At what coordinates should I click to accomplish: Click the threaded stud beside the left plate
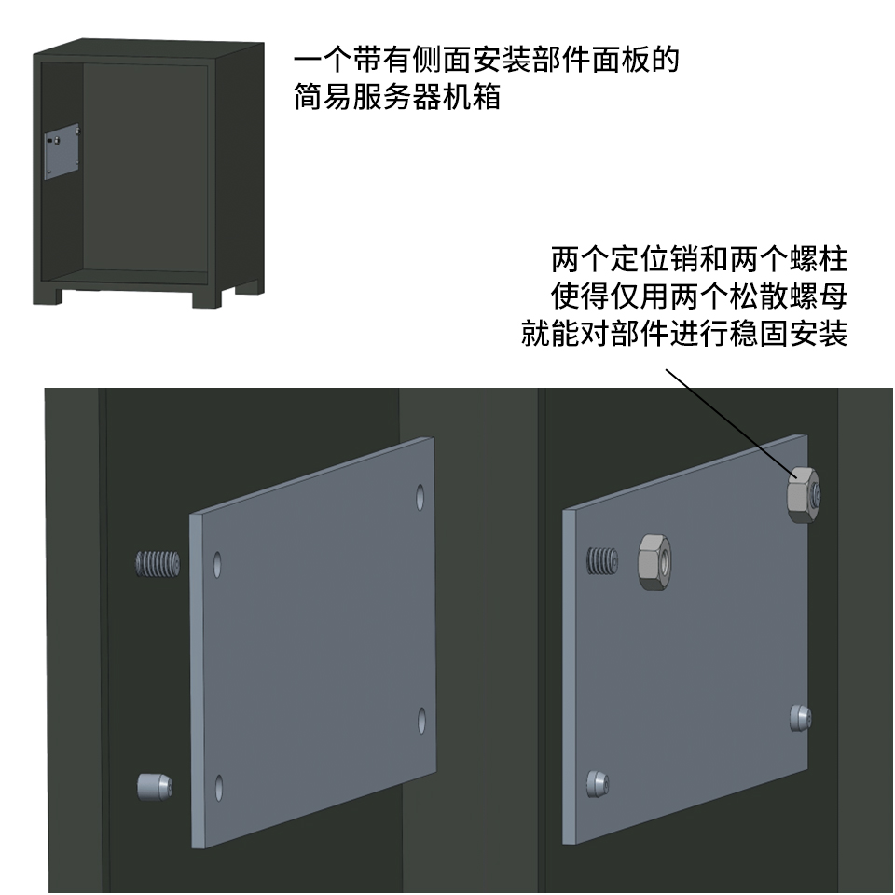158,563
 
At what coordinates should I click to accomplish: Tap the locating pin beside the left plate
155,787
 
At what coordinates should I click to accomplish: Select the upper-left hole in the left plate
217,564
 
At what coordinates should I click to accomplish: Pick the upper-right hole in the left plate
420,497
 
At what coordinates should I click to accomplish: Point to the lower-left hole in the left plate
218,787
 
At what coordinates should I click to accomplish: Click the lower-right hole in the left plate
421,721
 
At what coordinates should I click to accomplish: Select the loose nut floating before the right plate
654,561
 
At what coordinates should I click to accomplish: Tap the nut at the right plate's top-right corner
804,494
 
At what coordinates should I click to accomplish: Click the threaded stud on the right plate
602,560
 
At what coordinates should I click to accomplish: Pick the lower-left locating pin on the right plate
598,784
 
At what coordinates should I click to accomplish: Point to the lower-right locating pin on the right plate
801,718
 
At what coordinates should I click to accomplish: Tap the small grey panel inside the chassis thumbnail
62,151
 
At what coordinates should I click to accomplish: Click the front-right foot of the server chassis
207,296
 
